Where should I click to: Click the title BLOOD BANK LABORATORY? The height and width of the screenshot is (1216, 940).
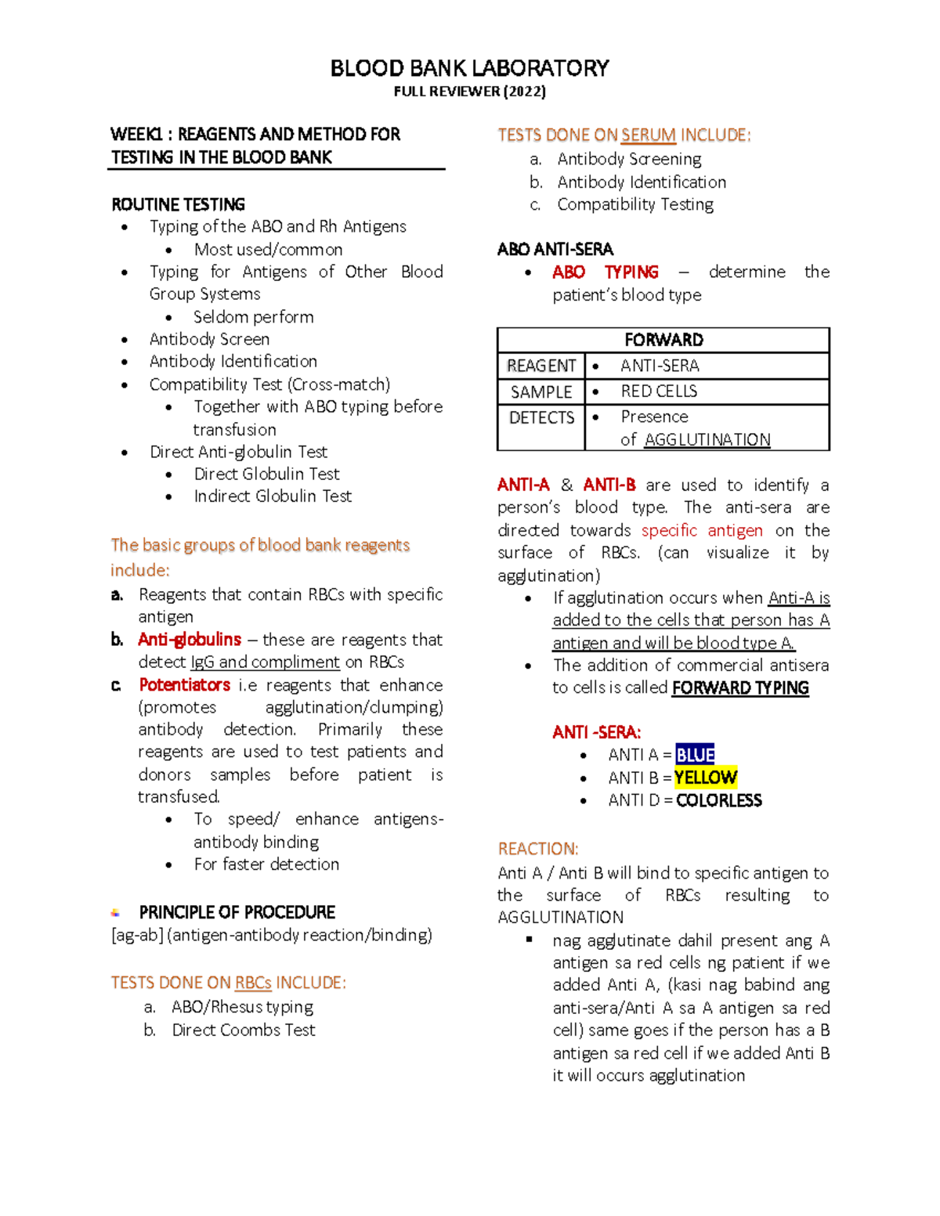pos(469,68)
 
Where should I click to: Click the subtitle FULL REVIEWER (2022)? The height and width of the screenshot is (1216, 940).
pos(469,92)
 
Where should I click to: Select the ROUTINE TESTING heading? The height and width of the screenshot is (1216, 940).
pos(178,204)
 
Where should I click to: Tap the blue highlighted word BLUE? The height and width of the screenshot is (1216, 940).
pos(695,755)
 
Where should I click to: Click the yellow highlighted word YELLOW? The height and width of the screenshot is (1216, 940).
pos(706,778)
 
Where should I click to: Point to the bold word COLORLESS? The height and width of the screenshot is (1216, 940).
pos(718,800)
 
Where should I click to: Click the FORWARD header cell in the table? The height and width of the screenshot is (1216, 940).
pos(663,340)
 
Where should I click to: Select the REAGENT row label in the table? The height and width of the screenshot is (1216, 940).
pos(541,366)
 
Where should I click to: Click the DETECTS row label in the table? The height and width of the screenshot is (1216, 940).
pos(541,417)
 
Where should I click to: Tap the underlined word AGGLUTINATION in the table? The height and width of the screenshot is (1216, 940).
pos(707,440)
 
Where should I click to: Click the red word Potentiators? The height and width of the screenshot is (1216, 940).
pos(184,684)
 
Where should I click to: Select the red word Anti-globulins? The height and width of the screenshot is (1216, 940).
pos(189,640)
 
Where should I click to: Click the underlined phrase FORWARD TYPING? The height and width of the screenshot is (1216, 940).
pos(740,688)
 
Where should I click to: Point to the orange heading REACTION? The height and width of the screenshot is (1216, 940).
pos(537,849)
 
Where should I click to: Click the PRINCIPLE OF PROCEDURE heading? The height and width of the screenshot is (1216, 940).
pos(237,912)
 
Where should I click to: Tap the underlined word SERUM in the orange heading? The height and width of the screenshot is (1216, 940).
pos(648,135)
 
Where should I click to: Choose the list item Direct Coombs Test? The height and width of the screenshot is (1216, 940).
pos(244,1030)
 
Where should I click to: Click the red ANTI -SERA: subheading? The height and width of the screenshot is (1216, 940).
pos(596,732)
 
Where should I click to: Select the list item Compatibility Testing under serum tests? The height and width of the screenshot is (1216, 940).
pos(635,204)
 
